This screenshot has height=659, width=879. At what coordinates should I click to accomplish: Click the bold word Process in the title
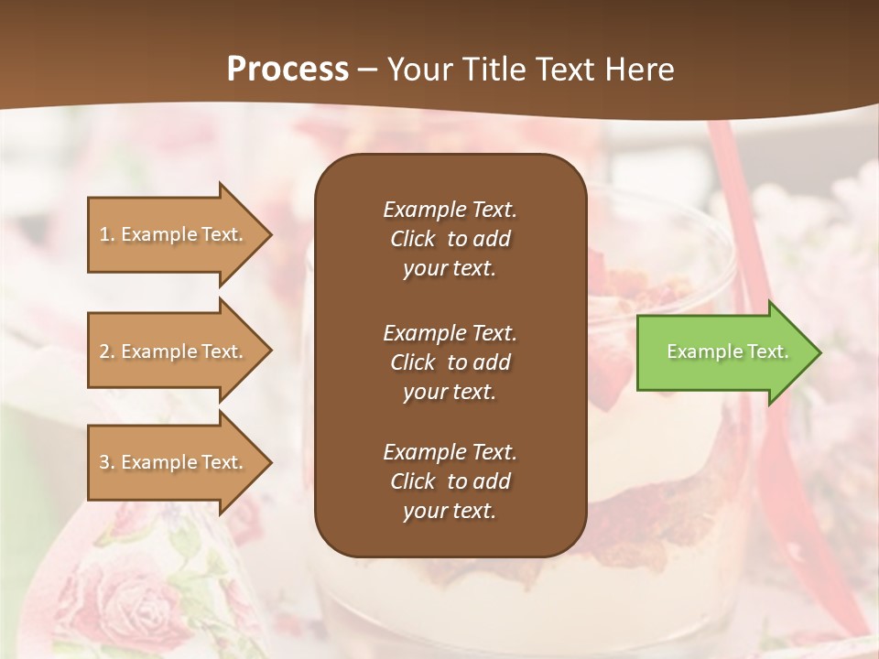coord(288,70)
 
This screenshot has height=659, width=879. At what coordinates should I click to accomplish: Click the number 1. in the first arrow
coord(107,234)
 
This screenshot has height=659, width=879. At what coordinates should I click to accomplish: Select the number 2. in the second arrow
coord(107,351)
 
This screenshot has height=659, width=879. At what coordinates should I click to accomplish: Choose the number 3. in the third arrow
coord(107,462)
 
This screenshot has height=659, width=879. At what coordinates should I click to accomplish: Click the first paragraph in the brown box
coord(450,239)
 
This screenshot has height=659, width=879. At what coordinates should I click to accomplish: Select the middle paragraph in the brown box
coord(450,362)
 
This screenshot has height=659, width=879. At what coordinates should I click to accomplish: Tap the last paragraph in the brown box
coord(450,481)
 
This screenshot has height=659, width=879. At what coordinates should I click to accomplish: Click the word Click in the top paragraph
coord(412,239)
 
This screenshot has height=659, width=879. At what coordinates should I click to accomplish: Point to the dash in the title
coord(367,70)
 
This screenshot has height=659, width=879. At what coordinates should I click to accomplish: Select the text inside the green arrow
coord(727,351)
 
